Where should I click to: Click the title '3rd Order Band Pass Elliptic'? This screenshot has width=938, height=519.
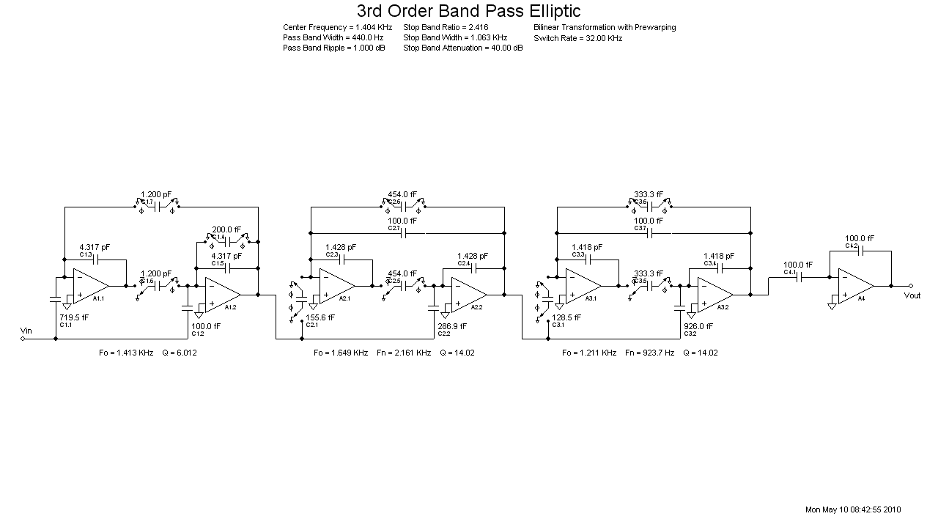click(x=468, y=11)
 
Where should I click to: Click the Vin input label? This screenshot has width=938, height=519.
click(x=26, y=331)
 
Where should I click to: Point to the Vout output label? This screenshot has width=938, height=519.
click(x=912, y=295)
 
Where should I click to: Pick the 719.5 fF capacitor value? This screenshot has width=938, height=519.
click(x=74, y=317)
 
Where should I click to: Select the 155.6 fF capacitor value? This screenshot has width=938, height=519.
click(x=320, y=317)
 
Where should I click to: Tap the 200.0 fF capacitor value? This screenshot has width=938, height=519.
click(x=226, y=229)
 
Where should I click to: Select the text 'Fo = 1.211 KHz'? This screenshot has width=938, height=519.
click(x=589, y=353)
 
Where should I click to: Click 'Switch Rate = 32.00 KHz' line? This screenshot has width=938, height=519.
click(x=577, y=38)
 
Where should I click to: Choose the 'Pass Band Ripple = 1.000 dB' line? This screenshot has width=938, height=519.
click(x=333, y=48)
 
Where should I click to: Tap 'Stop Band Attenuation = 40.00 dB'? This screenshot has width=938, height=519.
click(x=462, y=48)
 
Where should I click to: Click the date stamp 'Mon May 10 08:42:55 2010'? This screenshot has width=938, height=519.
click(x=853, y=509)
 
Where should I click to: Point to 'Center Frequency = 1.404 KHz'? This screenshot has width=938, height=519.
click(x=337, y=28)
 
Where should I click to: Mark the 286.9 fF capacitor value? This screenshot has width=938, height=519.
click(x=453, y=326)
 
